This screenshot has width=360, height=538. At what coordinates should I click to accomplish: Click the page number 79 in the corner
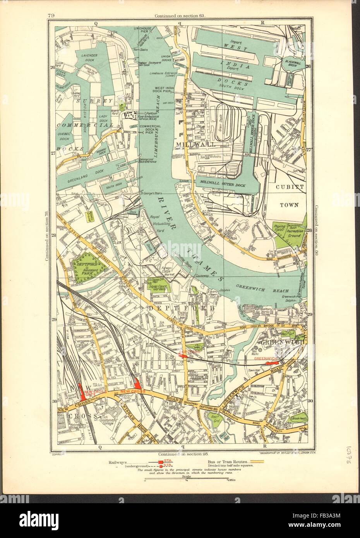coord(51,5)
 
